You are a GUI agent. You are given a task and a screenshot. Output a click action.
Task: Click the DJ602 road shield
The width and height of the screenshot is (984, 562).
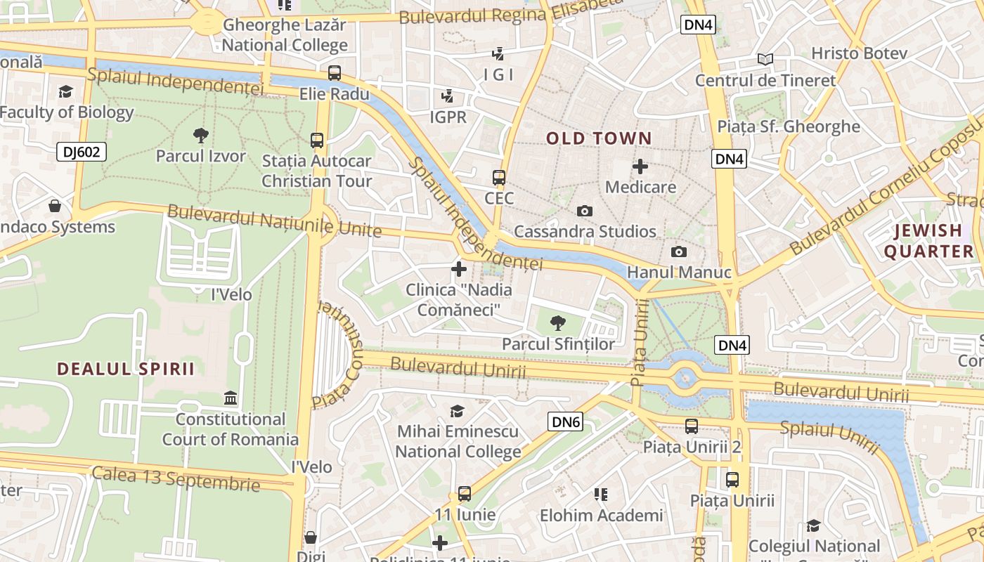click(81, 152)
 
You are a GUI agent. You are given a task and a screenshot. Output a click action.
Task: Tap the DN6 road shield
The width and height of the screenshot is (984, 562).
click(565, 421)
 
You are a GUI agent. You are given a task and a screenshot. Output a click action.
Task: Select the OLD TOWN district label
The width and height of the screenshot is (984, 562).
click(600, 138)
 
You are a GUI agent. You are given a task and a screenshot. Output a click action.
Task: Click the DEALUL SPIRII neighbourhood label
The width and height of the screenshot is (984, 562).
click(126, 369)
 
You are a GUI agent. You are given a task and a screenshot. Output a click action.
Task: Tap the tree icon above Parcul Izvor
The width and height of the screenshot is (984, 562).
click(200, 135)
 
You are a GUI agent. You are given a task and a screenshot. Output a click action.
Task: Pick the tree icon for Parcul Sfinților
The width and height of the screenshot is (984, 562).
click(558, 323)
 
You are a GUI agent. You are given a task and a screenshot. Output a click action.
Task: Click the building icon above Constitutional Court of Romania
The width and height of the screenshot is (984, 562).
click(230, 398)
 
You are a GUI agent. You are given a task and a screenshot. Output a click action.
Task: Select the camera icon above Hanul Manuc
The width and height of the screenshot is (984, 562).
click(678, 251)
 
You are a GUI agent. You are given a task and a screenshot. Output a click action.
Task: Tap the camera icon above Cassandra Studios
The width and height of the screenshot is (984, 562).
click(584, 211)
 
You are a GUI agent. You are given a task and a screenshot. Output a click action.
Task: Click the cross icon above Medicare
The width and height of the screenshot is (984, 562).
click(640, 166)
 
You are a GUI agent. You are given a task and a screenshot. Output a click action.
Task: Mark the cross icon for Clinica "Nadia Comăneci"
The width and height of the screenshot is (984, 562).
click(458, 268)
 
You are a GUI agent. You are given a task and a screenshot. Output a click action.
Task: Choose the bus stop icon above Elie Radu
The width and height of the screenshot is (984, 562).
click(335, 72)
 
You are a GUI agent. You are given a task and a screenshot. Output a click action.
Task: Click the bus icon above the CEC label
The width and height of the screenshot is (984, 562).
click(499, 177)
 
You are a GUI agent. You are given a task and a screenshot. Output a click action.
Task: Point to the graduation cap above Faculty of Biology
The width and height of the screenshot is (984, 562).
click(65, 91)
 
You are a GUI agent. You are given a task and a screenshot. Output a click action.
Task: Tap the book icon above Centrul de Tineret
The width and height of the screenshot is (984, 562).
click(765, 60)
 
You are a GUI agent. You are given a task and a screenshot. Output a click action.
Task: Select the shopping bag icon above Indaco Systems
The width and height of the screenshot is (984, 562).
click(55, 206)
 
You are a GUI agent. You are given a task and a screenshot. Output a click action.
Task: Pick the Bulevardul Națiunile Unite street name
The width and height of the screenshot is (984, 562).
click(274, 221)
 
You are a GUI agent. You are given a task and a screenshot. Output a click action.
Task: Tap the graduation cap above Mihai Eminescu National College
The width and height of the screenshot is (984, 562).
click(458, 411)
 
